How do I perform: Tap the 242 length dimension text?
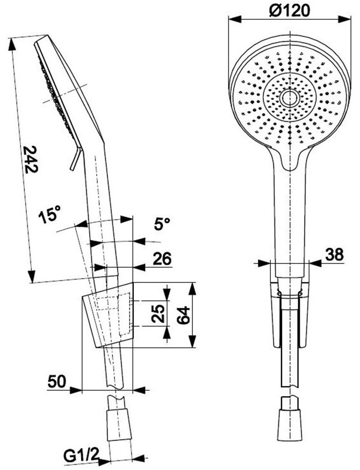tap(31, 159)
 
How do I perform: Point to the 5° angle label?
tap(162, 223)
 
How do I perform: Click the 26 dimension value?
tap(162, 259)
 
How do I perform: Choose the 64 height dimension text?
tap(183, 315)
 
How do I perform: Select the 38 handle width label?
tap(334, 255)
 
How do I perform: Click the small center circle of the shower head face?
tap(290, 98)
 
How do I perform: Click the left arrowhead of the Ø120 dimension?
tap(235, 19)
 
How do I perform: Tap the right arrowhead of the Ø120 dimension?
tap(344, 19)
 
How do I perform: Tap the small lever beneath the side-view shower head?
tap(75, 159)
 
